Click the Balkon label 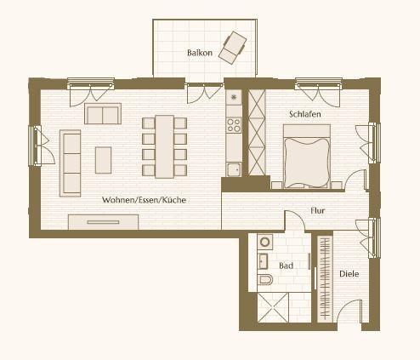pos(200,53)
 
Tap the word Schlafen pos(305,114)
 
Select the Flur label pos(318,211)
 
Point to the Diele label pos(349,274)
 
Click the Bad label pos(286,266)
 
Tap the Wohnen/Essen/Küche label pos(144,200)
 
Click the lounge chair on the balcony pos(232,48)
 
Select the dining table pos(164,146)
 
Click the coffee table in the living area pos(103,160)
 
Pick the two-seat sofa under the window pos(103,113)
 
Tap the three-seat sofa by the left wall pos(71,163)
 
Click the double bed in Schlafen pos(307,157)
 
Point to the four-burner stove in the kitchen pos(234,125)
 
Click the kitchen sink pos(234,169)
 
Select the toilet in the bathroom pos(265,280)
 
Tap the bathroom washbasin pos(263,261)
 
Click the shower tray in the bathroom pos(273,307)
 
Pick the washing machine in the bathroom pos(265,242)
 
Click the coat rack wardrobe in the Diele pos(325,278)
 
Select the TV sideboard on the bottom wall pos(103,222)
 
